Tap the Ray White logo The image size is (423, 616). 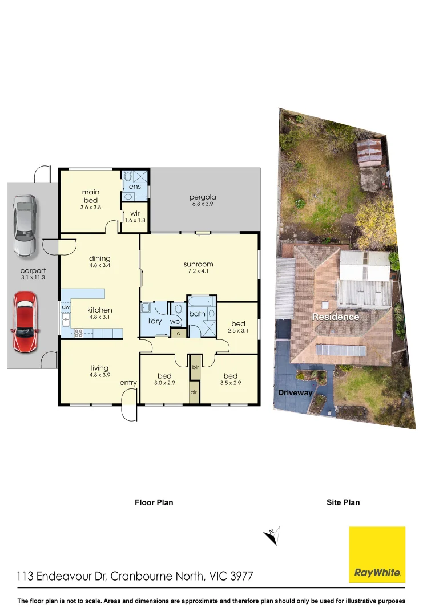pyautogui.click(x=377, y=554)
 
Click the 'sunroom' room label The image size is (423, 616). pyautogui.click(x=198, y=264)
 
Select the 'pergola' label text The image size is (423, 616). pyautogui.click(x=203, y=198)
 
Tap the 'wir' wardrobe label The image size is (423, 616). pyautogui.click(x=135, y=213)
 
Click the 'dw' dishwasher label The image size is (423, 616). pyautogui.click(x=65, y=307)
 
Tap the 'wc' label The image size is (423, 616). pyautogui.click(x=175, y=322)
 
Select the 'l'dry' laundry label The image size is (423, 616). pyautogui.click(x=155, y=322)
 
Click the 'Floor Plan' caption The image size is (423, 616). pyautogui.click(x=154, y=502)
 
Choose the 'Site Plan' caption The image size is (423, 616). pyautogui.click(x=343, y=502)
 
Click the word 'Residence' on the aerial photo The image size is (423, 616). pyautogui.click(x=335, y=317)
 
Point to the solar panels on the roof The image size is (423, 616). pyautogui.click(x=340, y=350)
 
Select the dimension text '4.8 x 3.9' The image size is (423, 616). pyautogui.click(x=99, y=375)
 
